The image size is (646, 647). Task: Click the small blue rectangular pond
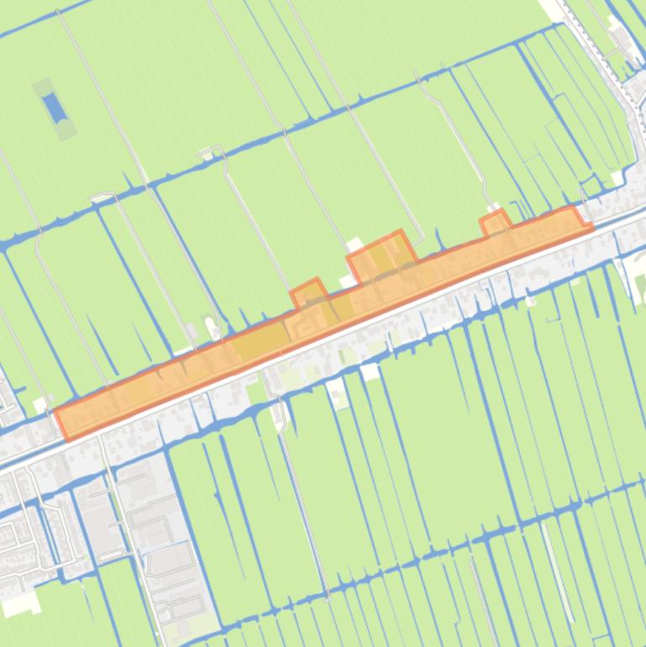pos(55,107)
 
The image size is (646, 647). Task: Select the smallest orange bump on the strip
pos(495,224)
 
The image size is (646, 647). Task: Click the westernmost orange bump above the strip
pos(310,295)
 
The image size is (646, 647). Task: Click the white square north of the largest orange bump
pos(355,245)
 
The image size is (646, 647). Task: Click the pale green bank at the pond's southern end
pos(66,130)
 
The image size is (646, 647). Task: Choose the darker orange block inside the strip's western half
pos(261,341)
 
